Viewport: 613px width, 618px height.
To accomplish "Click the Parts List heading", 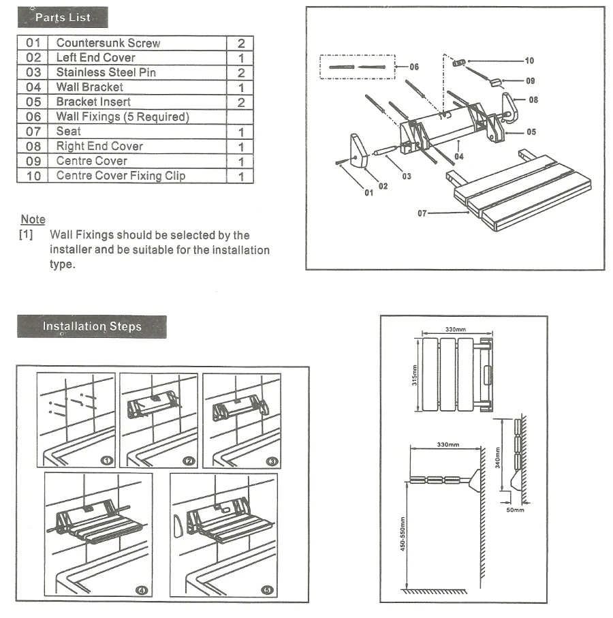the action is (x=63, y=17).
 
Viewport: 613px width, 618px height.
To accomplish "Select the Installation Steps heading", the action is (x=92, y=326).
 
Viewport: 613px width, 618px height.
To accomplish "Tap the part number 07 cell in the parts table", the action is (x=33, y=132).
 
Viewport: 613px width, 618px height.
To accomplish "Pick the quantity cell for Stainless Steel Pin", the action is (x=240, y=72).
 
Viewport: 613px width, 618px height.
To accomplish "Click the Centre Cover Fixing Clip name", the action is (x=121, y=176).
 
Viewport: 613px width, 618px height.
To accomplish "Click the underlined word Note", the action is (x=33, y=219).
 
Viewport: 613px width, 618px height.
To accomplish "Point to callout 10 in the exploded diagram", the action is (x=529, y=61).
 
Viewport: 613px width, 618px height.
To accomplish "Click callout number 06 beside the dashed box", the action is (x=414, y=67).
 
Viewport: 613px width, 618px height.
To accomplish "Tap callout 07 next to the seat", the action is (x=422, y=213).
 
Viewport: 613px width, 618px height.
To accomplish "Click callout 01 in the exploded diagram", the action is (x=368, y=193).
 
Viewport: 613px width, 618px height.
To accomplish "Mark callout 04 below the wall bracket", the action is (x=459, y=157).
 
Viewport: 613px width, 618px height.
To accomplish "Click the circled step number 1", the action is (x=107, y=461).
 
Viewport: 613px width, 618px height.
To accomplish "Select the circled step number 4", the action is (x=142, y=590).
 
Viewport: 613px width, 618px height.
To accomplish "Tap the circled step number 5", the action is (x=267, y=590).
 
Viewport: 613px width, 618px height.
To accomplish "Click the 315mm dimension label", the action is (x=414, y=375).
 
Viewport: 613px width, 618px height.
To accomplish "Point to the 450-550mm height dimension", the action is (x=403, y=534).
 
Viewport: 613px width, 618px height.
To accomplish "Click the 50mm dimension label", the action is (x=516, y=510).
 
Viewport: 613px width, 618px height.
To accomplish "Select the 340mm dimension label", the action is (x=498, y=458).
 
